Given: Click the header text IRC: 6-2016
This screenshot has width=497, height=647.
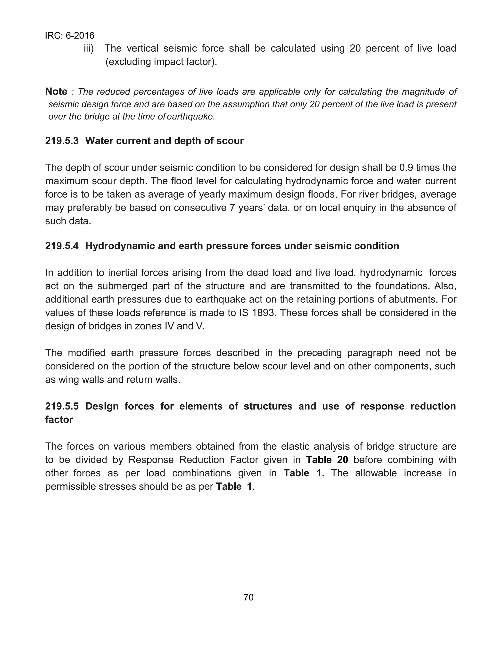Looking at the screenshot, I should pyautogui.click(x=69, y=36).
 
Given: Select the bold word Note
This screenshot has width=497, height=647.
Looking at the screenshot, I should pyautogui.click(x=56, y=92).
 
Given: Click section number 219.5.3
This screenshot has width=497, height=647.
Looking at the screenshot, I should pyautogui.click(x=62, y=141).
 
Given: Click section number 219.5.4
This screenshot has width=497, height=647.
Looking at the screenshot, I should pyautogui.click(x=62, y=246).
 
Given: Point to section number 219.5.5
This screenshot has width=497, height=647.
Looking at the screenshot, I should pyautogui.click(x=62, y=406).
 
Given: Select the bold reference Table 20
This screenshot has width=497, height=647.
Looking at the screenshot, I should pyautogui.click(x=327, y=460).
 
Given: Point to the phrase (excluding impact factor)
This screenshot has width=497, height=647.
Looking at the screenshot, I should pyautogui.click(x=161, y=62).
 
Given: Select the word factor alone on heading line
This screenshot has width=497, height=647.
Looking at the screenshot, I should pyautogui.click(x=59, y=420).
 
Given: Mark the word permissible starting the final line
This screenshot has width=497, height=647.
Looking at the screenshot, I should pyautogui.click(x=70, y=486).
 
